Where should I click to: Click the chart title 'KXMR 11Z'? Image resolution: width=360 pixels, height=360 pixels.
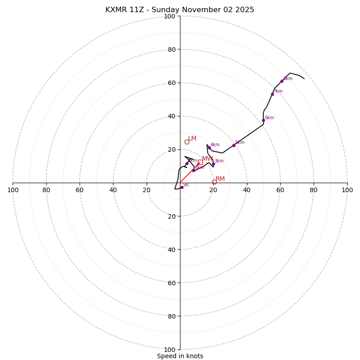point(180,10)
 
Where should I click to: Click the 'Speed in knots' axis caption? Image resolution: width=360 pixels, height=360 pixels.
point(180,356)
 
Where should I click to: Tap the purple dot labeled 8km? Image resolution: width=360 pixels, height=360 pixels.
point(282,81)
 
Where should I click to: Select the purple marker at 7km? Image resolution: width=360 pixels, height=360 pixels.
point(272,94)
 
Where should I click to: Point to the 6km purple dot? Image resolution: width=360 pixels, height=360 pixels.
point(263,120)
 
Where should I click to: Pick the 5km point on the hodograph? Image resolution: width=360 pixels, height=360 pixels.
point(234,145)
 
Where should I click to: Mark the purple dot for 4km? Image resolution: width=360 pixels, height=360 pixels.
point(209,148)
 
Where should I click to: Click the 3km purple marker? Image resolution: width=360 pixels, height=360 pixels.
point(213,164)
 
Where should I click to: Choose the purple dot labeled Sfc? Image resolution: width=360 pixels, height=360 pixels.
point(182,187)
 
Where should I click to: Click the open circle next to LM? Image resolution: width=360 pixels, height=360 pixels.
point(187,142)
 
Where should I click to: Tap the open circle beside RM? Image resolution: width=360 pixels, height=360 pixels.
point(214,182)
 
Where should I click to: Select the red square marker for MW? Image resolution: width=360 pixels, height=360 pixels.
point(200,162)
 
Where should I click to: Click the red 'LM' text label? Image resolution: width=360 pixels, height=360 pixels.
point(192,139)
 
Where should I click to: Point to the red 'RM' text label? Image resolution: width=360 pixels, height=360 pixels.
point(220,179)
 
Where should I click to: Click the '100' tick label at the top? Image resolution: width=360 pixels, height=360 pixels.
point(169,16)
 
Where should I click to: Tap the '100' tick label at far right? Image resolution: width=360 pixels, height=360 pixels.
point(347,190)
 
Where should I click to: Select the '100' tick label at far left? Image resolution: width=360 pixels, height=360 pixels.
point(13,190)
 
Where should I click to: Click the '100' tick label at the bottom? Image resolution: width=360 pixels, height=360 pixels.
point(169,349)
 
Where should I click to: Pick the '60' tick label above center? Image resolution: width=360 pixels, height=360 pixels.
point(171,83)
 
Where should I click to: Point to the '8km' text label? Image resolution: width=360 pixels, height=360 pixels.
point(288,79)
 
